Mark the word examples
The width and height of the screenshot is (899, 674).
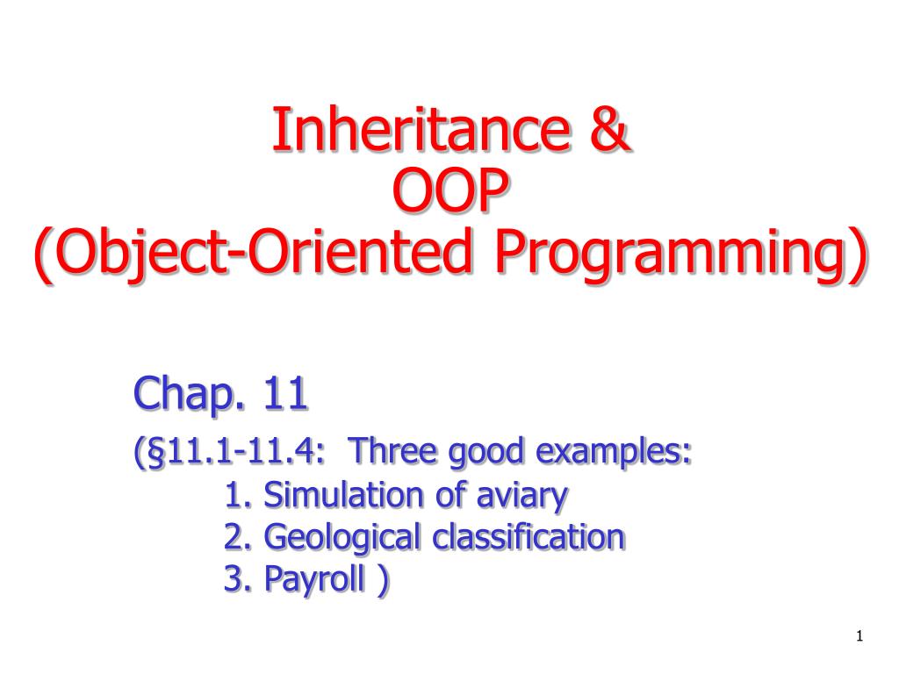tap(612, 453)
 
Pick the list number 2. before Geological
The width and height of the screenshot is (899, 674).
tap(237, 536)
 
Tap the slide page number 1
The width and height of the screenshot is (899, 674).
tap(860, 635)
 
